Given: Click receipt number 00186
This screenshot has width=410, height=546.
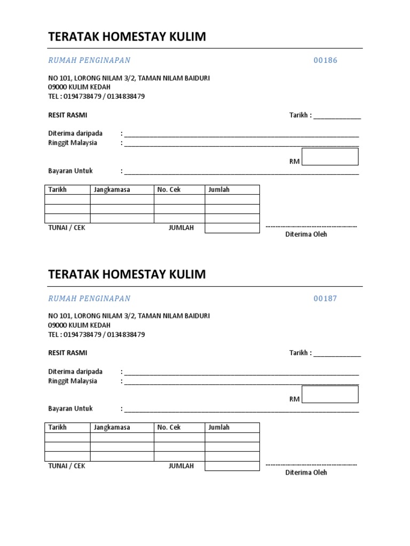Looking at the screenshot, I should (325, 60).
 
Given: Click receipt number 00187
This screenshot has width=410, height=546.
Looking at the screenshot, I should (325, 299).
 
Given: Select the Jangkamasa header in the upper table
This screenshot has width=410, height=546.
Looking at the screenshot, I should (112, 190).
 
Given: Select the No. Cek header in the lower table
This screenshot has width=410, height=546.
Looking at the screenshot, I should (169, 428).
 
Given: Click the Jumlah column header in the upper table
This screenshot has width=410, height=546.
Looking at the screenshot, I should (219, 190).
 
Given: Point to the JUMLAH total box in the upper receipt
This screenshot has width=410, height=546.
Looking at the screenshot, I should (232, 228).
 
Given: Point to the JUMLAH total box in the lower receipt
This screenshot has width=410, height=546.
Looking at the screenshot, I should (232, 466).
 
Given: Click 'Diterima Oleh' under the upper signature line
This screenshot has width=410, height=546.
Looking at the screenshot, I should (306, 235).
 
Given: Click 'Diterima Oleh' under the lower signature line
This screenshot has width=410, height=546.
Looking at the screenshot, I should (306, 472).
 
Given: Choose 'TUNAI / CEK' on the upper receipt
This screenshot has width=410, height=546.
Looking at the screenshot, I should (67, 228).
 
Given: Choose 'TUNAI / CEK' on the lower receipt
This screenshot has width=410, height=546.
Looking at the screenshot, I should (67, 466).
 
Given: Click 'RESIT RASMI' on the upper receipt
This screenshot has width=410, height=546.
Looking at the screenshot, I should (68, 115).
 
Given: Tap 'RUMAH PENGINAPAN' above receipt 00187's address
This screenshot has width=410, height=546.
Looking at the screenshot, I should (89, 299).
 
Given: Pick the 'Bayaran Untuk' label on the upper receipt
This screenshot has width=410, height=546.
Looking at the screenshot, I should (70, 171).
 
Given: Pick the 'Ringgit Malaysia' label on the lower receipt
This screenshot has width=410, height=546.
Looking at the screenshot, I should (73, 381).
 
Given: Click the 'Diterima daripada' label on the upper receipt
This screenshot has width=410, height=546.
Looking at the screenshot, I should (75, 133).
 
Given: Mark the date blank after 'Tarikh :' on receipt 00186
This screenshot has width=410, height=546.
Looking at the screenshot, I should (337, 116).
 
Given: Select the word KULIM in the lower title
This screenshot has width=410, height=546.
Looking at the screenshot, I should (187, 275).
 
